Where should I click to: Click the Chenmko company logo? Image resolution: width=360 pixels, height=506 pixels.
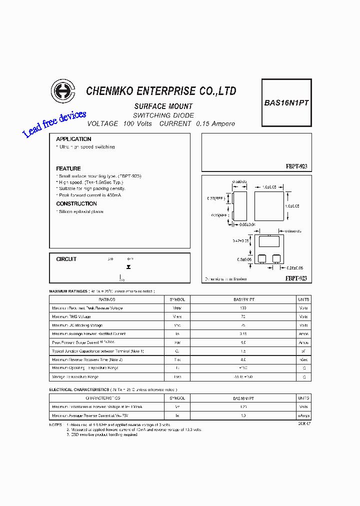62,91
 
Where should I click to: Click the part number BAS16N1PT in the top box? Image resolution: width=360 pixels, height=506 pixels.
286,102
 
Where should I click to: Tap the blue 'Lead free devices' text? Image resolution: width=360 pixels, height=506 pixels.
54,124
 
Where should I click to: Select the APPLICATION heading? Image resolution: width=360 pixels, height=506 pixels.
73,139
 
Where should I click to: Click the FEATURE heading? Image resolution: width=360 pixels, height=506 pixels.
68,168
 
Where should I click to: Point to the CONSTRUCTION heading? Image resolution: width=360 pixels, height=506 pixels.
76,203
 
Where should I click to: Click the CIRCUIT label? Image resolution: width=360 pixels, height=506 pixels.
66,259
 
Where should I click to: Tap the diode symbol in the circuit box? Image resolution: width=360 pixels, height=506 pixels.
128,267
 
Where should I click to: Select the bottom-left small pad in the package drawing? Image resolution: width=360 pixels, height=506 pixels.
261,258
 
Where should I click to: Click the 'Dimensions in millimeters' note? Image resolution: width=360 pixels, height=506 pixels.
226,279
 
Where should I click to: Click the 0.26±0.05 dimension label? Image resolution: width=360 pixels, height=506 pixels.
293,268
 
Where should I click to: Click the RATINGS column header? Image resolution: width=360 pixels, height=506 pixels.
107,299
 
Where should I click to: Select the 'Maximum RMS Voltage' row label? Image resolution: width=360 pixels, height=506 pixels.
71,316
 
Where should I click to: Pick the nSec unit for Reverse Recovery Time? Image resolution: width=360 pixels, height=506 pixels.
303,359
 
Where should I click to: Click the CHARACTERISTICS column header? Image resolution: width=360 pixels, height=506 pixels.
103,398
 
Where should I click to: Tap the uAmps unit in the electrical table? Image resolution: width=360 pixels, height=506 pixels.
303,415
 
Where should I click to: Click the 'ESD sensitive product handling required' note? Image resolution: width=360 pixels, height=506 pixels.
103,434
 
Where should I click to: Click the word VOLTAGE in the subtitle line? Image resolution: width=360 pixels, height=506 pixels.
102,123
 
